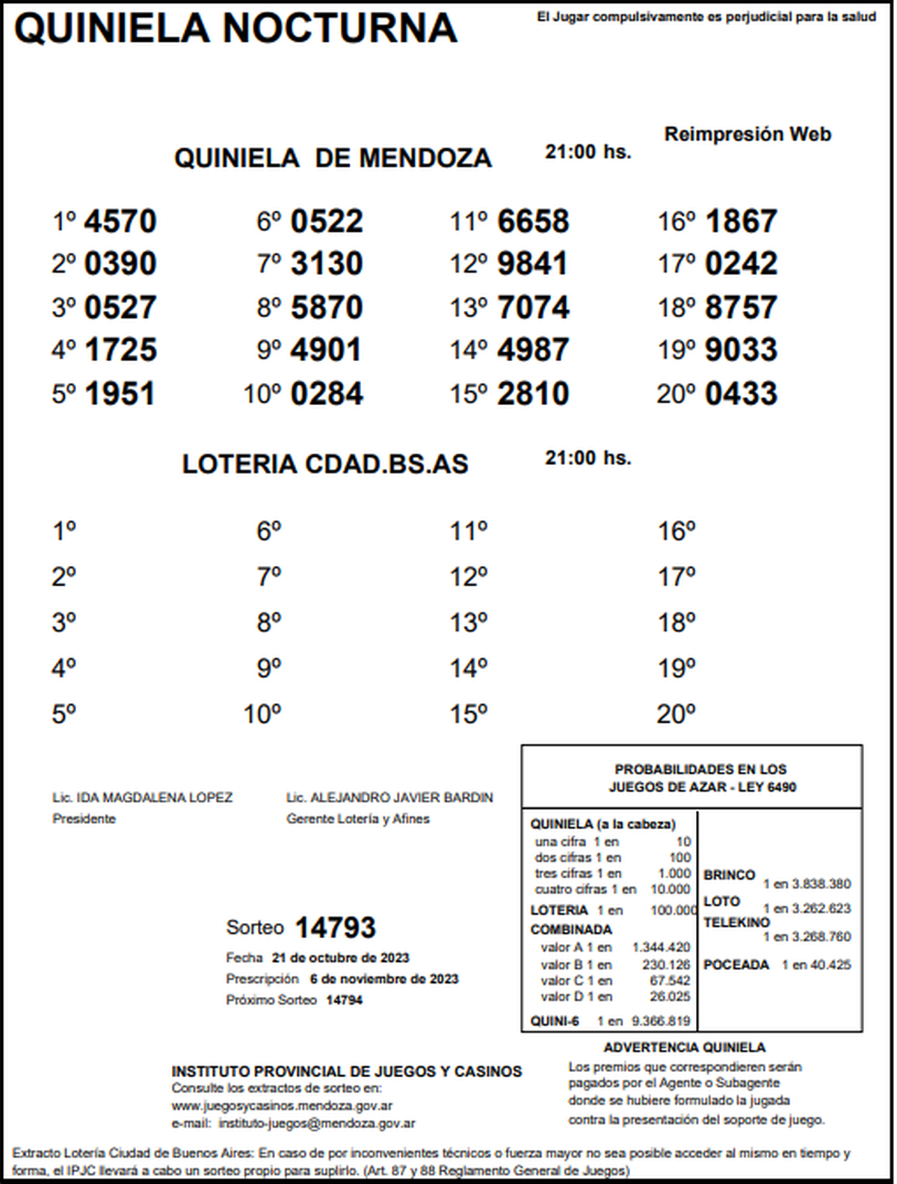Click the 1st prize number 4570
pos(120,221)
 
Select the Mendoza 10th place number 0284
pos(327,394)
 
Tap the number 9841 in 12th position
pos(533,263)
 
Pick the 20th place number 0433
pos(741,394)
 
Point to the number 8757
pos(741,307)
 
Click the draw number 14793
pos(335,928)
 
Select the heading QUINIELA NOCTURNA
pos(235,28)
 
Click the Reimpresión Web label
pos(747,135)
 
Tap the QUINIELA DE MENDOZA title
pos(333,158)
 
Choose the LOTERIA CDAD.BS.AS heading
pos(325,464)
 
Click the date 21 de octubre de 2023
pos(340,958)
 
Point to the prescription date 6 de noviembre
pos(384,979)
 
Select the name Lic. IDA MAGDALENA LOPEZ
pos(142,798)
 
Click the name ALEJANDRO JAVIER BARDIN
pos(401,798)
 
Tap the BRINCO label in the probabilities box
pos(729,875)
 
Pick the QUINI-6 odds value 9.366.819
pos(661,1021)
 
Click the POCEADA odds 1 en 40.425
pos(816,965)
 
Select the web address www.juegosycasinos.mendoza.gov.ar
pos(282,1106)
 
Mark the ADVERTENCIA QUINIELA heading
pos(684,1048)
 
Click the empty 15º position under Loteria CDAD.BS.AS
pos(469,715)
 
